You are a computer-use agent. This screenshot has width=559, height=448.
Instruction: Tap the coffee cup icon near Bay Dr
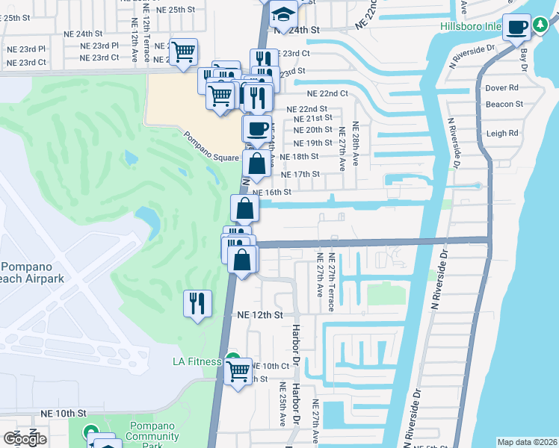coord(516,28)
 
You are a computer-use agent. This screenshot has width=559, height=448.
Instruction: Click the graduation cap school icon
coord(283,13)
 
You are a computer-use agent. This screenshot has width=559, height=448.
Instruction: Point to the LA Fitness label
coord(197,362)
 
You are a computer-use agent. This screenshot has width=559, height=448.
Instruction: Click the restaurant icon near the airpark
coord(197,302)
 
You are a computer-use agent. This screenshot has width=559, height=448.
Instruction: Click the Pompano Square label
coord(211,147)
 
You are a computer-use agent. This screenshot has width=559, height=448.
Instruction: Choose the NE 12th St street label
coord(260,316)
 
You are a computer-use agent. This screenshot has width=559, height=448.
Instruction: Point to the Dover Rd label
coord(501,87)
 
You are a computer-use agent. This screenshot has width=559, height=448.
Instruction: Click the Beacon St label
coord(503,105)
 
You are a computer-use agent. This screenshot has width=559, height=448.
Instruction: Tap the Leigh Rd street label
coord(502,134)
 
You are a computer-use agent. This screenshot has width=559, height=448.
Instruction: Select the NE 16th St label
coord(271,192)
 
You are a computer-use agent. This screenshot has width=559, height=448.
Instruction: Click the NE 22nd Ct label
coord(327,93)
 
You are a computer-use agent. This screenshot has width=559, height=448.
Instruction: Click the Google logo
coord(25,439)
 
